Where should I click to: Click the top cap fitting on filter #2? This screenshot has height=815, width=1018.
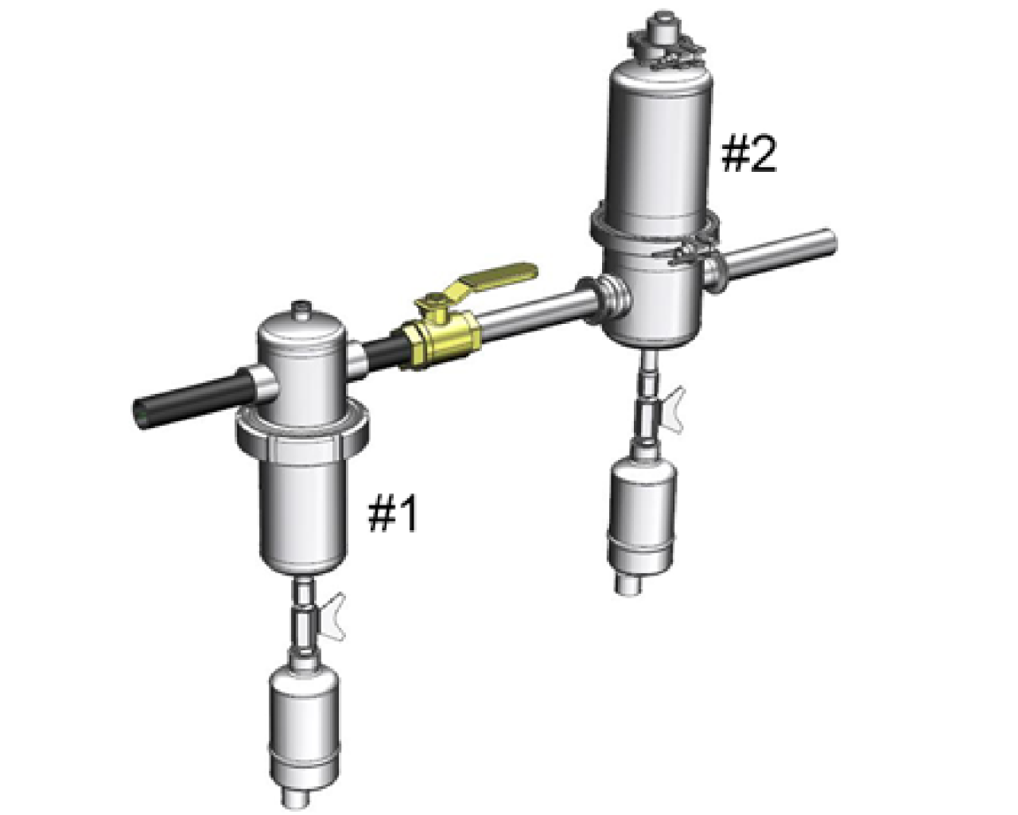pyautogui.click(x=660, y=36)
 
